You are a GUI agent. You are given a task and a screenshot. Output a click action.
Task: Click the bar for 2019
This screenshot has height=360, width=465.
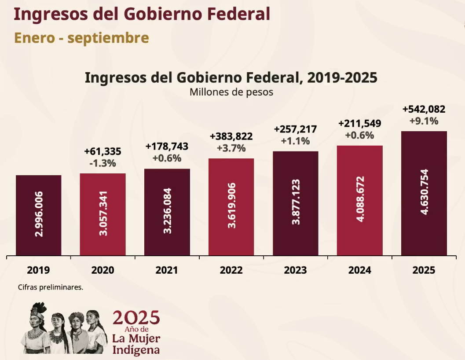click(x=39, y=215)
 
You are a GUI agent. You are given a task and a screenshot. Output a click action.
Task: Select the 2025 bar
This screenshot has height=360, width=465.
click(x=424, y=193)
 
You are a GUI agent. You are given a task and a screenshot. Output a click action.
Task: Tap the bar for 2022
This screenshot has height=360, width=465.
click(x=231, y=207)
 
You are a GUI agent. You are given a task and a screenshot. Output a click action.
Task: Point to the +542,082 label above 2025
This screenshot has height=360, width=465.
click(x=424, y=109)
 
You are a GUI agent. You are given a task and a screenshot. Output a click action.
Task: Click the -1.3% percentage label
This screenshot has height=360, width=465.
click(x=103, y=163)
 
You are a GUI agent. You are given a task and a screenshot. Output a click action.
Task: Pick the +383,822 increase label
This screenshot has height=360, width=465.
click(x=231, y=136)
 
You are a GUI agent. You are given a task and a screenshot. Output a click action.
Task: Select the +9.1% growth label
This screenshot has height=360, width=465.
click(x=424, y=121)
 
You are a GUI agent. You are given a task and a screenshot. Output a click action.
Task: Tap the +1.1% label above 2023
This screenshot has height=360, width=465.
click(x=295, y=141)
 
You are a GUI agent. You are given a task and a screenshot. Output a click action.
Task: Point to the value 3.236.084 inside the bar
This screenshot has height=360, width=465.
click(x=168, y=211)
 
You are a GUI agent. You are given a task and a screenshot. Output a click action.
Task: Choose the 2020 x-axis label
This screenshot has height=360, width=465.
click(x=103, y=270)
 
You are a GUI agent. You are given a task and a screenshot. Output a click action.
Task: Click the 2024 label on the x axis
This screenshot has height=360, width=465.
click(x=359, y=270)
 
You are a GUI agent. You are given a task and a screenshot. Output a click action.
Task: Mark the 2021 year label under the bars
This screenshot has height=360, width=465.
click(x=167, y=270)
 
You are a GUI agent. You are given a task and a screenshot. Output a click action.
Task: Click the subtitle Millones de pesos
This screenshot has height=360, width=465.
click(x=231, y=92)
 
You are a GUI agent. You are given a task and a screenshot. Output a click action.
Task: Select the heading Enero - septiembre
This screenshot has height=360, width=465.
click(x=81, y=38)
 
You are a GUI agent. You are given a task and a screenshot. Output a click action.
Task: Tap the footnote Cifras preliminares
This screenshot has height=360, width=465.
click(x=51, y=287)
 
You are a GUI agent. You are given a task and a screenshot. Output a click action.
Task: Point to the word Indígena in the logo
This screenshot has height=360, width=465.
click(x=135, y=350)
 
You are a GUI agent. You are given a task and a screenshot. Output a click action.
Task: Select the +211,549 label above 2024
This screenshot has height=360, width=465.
click(x=359, y=123)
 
